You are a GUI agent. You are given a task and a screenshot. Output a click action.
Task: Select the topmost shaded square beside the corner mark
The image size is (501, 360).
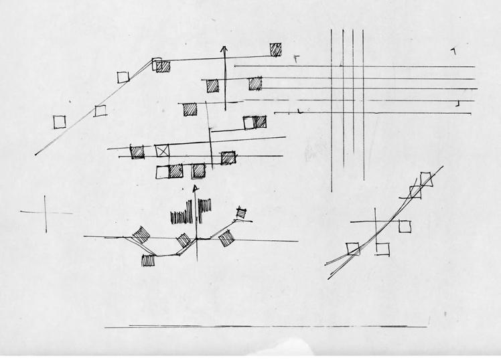click(275, 49)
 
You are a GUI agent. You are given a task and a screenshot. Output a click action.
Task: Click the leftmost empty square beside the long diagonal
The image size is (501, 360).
click(60, 120)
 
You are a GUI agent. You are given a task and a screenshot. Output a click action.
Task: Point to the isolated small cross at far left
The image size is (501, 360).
click(46, 213)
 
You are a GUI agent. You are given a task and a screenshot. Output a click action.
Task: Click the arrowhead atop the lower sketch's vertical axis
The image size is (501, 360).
click(196, 189)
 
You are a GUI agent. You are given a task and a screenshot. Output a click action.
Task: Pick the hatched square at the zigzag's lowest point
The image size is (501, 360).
click(148, 260)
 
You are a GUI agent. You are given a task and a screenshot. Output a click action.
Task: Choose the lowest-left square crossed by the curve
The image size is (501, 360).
click(353, 249)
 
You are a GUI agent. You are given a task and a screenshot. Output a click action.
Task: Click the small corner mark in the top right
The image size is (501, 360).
click(453, 51)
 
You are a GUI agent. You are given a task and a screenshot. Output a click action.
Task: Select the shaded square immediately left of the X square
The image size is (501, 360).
click(137, 151)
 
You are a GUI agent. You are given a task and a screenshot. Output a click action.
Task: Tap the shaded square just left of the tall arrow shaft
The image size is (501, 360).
click(212, 85)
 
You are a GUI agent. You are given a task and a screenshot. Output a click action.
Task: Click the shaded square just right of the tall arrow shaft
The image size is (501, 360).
click(255, 84)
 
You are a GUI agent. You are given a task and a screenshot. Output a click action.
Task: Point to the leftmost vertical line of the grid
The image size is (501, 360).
click(332, 107)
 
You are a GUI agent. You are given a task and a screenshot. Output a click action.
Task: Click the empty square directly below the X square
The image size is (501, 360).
click(163, 172)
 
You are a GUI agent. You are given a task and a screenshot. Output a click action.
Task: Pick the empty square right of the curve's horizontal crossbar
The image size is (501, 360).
click(405, 227)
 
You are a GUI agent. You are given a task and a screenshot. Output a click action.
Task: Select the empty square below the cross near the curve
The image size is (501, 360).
click(382, 248)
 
